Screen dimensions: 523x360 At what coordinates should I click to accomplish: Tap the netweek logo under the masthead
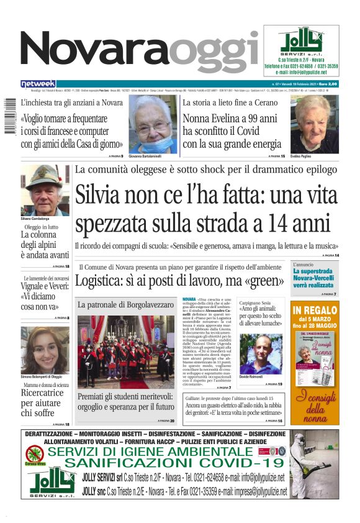point(38,83)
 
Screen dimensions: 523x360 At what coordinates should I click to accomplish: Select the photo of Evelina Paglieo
point(315,124)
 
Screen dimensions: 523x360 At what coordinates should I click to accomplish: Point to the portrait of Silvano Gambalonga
point(45,190)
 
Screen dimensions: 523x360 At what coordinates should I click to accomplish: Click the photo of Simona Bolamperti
point(45,350)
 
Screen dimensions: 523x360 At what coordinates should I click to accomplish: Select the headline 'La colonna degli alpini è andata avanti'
point(45,245)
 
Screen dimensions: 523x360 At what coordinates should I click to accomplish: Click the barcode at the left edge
point(9,119)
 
